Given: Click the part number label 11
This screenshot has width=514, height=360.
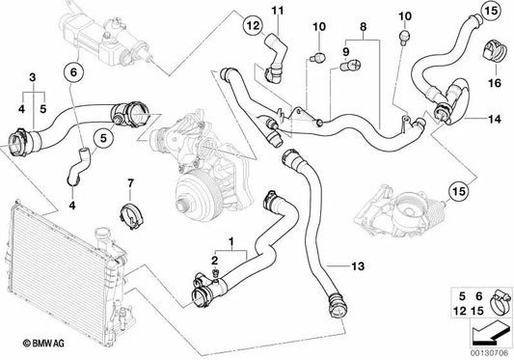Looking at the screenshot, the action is [x=278, y=11].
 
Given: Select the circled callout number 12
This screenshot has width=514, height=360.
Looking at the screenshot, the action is [x=254, y=25].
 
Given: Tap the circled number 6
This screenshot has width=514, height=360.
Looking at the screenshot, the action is [x=73, y=71].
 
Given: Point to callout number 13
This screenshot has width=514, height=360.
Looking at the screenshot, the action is [x=358, y=266].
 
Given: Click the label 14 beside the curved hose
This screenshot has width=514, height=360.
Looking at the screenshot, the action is [x=495, y=119].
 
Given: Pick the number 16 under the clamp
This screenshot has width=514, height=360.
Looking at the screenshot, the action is [x=495, y=83].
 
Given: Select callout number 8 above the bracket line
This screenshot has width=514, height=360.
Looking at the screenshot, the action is [x=364, y=27].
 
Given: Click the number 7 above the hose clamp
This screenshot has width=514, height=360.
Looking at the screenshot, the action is [x=130, y=183].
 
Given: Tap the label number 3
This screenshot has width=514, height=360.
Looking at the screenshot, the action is [x=32, y=78].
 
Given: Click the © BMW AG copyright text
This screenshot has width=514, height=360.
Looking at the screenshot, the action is [x=43, y=344].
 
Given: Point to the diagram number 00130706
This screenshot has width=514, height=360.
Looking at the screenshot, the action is [x=490, y=353].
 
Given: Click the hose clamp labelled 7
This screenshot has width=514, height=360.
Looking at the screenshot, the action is [x=131, y=216].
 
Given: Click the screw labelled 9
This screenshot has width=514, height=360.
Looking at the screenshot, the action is [x=351, y=66].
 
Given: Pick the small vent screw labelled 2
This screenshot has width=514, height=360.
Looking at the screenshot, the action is [x=215, y=272].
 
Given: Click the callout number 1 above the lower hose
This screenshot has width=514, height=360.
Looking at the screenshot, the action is [x=231, y=242].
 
